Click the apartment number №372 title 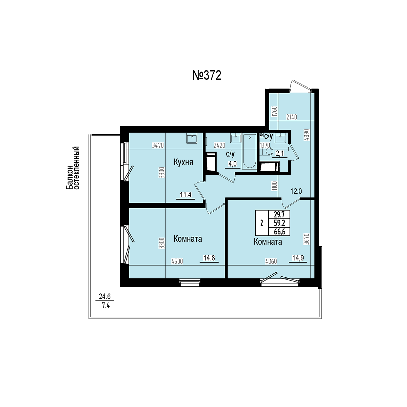click(207, 75)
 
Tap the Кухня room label click(183, 162)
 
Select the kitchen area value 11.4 click(186, 195)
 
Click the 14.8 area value click(209, 258)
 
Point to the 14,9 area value click(298, 258)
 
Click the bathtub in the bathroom click(249, 151)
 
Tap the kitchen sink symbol click(192, 138)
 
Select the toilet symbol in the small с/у click(267, 151)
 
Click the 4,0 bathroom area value click(232, 164)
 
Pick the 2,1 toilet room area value click(279, 154)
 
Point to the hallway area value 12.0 click(296, 191)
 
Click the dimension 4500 click(177, 262)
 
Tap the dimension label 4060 click(271, 262)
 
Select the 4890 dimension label click(307, 135)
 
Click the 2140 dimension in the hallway click(292, 117)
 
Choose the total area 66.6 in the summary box click(279, 232)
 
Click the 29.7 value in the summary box click(279, 215)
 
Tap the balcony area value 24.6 click(105, 296)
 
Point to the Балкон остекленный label click(73, 168)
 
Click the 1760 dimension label click(274, 112)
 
